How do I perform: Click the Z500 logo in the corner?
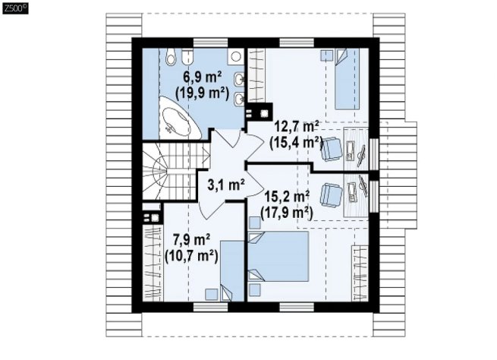(x=15, y=8)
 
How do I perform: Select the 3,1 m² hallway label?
(x=226, y=185)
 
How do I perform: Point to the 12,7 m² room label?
(x=297, y=127)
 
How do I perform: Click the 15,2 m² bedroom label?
(x=287, y=197)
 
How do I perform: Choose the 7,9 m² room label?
(x=192, y=240)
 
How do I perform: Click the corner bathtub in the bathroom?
(x=178, y=118)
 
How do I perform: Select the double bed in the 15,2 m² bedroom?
(x=278, y=256)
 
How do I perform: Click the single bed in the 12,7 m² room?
(x=347, y=79)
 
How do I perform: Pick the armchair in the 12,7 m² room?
(x=332, y=149)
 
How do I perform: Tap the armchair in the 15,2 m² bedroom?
(x=332, y=196)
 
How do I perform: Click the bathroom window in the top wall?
(x=210, y=43)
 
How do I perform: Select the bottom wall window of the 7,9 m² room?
(x=210, y=307)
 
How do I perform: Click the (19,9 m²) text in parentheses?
(x=203, y=94)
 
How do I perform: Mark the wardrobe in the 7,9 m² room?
(x=153, y=263)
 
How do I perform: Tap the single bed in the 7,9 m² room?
(x=232, y=270)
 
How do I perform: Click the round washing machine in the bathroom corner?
(x=235, y=57)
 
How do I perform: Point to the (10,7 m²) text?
(x=191, y=256)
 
